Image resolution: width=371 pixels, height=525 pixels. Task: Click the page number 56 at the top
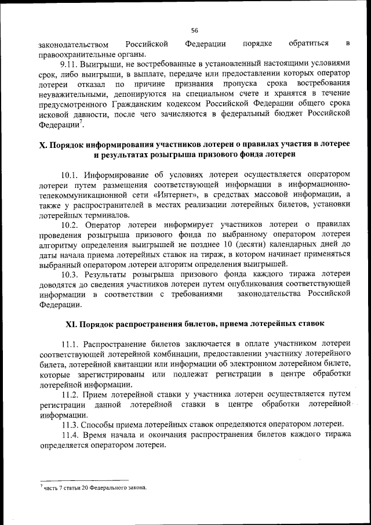point(194,30)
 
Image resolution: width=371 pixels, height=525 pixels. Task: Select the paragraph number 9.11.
point(71,63)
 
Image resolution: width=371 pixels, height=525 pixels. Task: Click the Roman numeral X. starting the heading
point(42,145)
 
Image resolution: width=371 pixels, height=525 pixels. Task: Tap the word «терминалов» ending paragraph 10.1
point(103,215)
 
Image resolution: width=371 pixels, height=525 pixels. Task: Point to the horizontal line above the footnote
point(83,480)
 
